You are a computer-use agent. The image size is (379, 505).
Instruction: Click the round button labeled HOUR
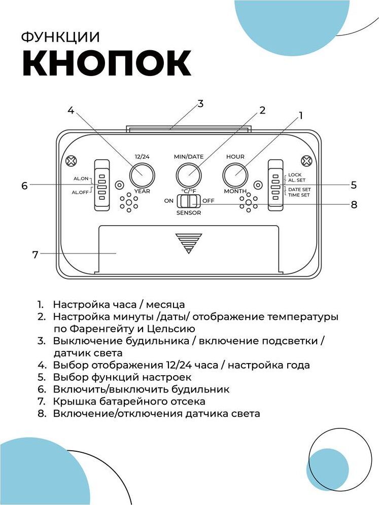pos(235,175)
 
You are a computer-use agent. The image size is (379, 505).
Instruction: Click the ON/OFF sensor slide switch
pos(188,201)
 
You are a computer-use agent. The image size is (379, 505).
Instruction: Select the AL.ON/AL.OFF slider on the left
pos(102,185)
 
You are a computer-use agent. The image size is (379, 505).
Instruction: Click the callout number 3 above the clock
pos(200,103)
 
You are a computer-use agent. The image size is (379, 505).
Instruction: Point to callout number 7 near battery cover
pos(35,255)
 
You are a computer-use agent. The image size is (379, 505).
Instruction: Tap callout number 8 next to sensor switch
pos(354,205)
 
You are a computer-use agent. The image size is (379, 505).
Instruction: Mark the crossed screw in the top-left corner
pos(71,161)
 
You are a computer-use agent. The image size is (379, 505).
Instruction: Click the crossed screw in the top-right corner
pos(306,161)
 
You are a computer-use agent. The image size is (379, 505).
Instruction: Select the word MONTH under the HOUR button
pos(235,191)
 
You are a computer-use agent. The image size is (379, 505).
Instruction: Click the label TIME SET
pos(299,195)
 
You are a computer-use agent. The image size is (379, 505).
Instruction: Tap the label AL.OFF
pos(80,192)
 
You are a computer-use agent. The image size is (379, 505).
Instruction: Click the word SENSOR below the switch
pos(189,213)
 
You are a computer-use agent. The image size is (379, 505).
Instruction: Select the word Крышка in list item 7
pos(74,401)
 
